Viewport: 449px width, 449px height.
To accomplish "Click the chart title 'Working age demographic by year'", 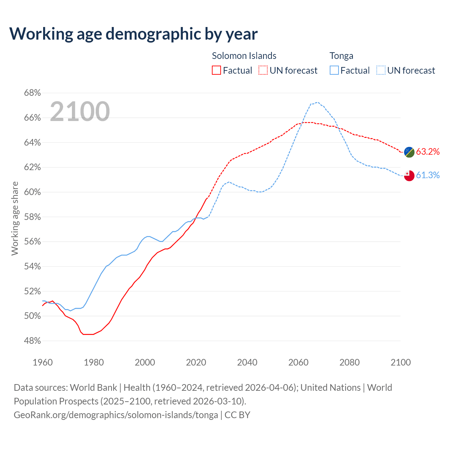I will coord(133,34).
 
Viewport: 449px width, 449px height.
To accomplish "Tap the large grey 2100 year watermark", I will coord(80,112).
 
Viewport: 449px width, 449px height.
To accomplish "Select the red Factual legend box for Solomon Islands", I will coord(216,71).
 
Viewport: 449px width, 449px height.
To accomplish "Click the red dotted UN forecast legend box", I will coord(263,71).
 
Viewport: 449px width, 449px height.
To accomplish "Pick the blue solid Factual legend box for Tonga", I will coord(334,71).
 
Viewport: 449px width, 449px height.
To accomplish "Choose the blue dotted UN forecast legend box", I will coord(381,71).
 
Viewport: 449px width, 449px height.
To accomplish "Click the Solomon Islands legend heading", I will coord(244,56).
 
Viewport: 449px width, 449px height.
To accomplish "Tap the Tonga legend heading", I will coord(341,56).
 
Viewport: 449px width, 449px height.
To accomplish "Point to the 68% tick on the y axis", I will coord(32,93).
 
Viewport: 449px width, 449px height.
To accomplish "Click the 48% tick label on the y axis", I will coord(32,341).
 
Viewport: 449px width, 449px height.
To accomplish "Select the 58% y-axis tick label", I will coord(32,217).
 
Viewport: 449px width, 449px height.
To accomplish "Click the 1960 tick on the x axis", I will coord(43,362).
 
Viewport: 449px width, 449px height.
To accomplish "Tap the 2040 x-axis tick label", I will coord(247,362).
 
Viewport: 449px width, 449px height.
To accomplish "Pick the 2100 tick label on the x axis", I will coord(401,362).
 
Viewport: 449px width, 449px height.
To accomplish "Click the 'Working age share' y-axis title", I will coord(15,218).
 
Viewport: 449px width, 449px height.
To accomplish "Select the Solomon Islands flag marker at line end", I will coord(409,152).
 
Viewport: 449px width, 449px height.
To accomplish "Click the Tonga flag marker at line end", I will coord(409,175).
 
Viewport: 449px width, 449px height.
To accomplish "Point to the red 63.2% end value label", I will coord(428,152).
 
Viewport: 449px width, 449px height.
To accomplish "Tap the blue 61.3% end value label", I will coord(428,175).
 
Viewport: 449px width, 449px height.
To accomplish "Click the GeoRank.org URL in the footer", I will coord(116,415).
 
